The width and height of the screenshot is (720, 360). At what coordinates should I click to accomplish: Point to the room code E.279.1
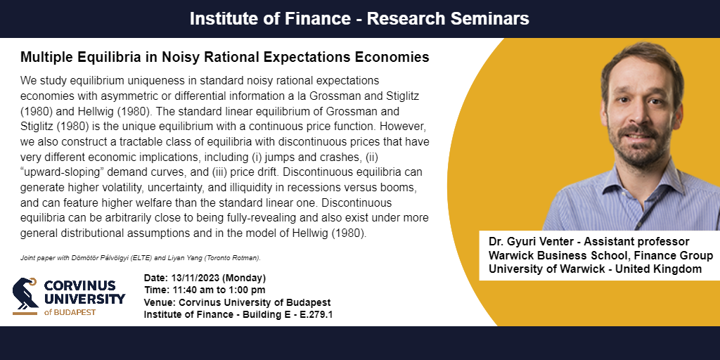(x=316, y=314)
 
